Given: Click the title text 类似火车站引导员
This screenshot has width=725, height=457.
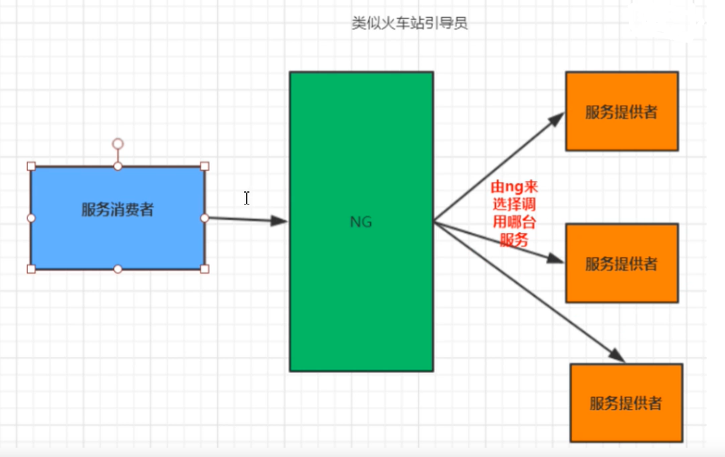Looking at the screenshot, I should click(409, 23).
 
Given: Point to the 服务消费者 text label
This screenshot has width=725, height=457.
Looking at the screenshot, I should click(118, 210).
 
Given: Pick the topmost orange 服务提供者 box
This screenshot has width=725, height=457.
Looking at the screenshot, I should click(621, 111).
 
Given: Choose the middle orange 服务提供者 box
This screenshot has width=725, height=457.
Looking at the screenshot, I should click(621, 263).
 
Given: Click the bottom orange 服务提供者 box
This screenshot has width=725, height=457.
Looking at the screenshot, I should click(626, 403).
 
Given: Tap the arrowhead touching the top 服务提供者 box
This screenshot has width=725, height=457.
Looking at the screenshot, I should click(557, 120).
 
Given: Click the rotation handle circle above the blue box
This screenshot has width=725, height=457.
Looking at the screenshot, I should click(118, 144).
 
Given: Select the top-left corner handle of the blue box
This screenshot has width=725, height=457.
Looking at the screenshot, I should click(31, 166).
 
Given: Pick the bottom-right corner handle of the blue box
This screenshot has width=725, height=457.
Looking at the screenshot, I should click(204, 269).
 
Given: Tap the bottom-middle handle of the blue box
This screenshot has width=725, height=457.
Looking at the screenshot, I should click(118, 269).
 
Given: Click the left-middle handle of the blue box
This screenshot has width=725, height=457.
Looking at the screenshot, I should click(31, 218).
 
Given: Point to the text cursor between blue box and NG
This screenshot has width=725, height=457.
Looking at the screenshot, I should click(247, 198).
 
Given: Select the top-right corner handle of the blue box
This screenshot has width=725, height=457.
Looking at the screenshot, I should click(204, 166).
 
